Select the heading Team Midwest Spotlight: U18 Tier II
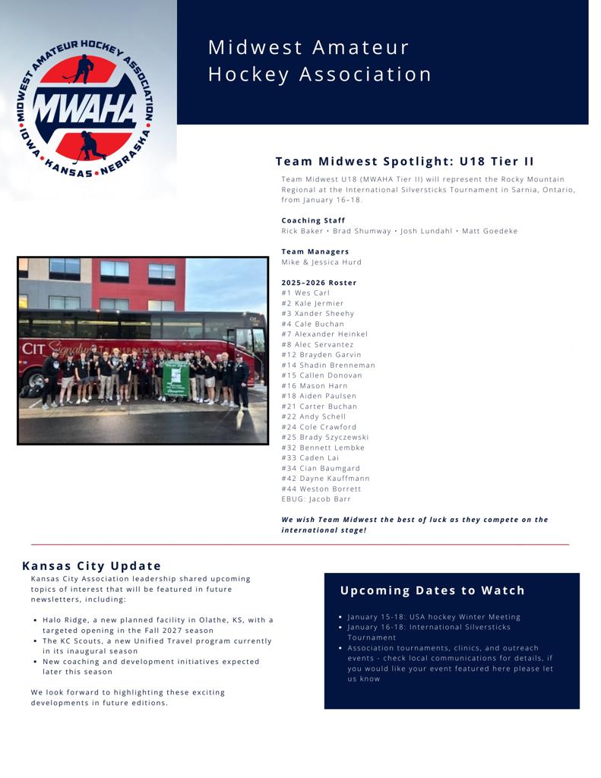tap(404, 161)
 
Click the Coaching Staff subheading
tap(313, 220)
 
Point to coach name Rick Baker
tap(302, 231)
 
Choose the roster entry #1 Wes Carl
tap(305, 293)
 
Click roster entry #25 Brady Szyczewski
tap(324, 437)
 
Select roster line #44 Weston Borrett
tap(321, 489)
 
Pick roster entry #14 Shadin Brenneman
tap(327, 365)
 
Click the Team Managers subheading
tap(315, 251)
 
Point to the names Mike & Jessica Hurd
tap(321, 262)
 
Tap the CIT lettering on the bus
tap(34, 349)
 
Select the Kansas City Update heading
tap(92, 566)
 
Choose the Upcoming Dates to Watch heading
tap(432, 590)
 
